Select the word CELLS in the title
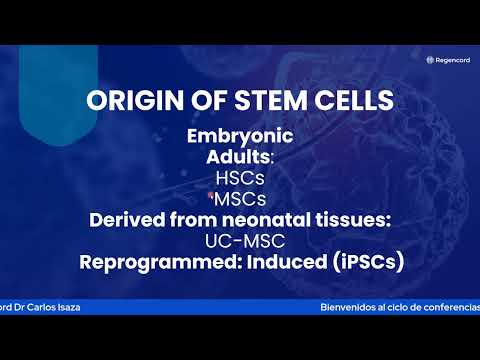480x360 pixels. click(335, 101)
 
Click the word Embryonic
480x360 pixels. click(240, 138)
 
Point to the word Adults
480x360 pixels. click(238, 157)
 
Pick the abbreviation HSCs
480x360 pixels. click(240, 178)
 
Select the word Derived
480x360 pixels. click(127, 220)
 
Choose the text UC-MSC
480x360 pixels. click(240, 241)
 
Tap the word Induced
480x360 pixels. click(271, 263)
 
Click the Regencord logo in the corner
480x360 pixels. click(447, 59)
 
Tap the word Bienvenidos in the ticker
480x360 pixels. click(349, 307)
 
